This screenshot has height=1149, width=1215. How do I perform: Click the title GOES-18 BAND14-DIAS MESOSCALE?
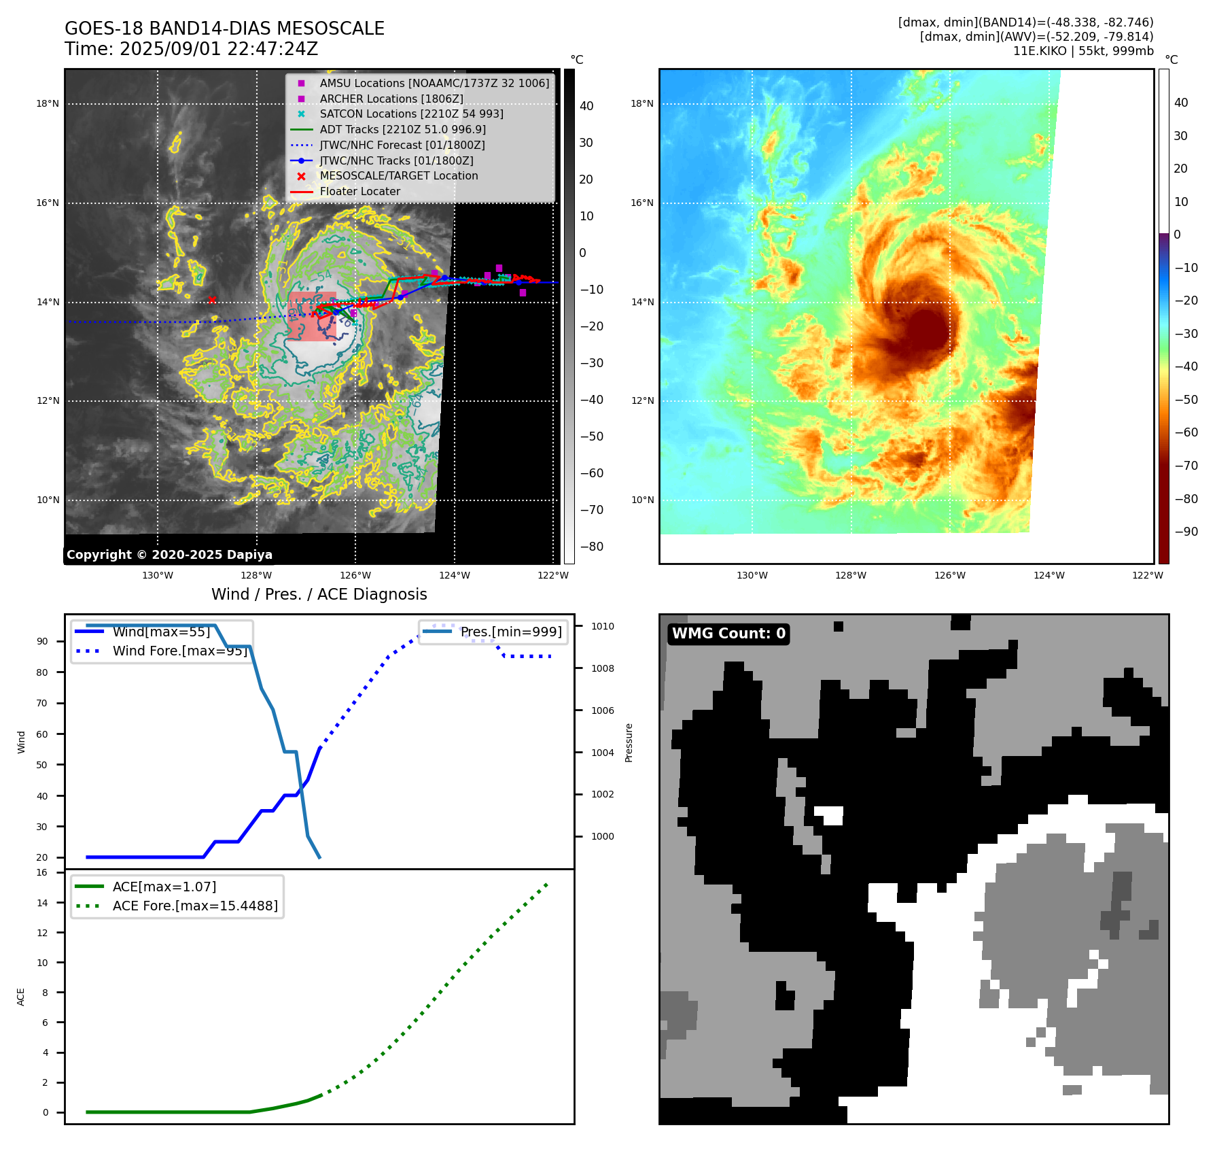pyautogui.click(x=224, y=29)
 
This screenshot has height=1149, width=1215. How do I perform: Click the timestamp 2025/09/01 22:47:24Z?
pyautogui.click(x=218, y=49)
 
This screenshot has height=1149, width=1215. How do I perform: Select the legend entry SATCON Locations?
pyautogui.click(x=411, y=114)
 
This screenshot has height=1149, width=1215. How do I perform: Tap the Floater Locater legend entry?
pyautogui.click(x=359, y=191)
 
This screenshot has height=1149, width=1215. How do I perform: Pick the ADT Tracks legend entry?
pyautogui.click(x=402, y=129)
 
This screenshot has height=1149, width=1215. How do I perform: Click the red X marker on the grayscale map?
pyautogui.click(x=212, y=300)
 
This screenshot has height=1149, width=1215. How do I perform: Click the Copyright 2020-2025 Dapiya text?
pyautogui.click(x=169, y=555)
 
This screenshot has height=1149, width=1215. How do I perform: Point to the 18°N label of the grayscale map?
pyautogui.click(x=48, y=104)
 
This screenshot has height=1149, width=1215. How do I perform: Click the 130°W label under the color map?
pyautogui.click(x=752, y=575)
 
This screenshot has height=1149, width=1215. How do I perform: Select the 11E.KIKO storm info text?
pyautogui.click(x=1082, y=51)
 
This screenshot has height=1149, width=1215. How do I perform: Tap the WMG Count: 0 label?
pyautogui.click(x=728, y=634)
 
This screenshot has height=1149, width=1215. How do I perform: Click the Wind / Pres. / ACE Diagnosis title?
pyautogui.click(x=319, y=594)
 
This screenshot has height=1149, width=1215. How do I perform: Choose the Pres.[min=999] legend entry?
pyautogui.click(x=511, y=632)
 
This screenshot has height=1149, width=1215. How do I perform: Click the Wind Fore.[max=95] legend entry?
pyautogui.click(x=179, y=651)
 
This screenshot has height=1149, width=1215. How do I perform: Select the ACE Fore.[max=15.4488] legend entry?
pyautogui.click(x=194, y=906)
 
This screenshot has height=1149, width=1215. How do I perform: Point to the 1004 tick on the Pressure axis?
pyautogui.click(x=602, y=753)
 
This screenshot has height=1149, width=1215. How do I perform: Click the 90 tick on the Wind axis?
pyautogui.click(x=42, y=641)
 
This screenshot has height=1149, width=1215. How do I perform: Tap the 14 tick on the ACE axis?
pyautogui.click(x=42, y=903)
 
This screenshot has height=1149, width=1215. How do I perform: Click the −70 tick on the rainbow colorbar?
pyautogui.click(x=1186, y=466)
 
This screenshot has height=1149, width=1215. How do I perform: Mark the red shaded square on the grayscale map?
pyautogui.click(x=311, y=316)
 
